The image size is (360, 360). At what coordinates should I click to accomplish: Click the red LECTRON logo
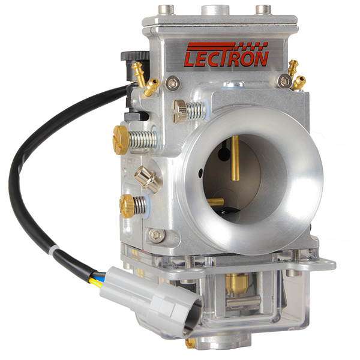click(226, 55)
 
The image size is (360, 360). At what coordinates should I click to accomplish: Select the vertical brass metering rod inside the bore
click(235, 158)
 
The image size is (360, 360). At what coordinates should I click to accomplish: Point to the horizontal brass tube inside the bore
click(215, 202)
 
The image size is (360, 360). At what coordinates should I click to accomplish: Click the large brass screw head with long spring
click(121, 140)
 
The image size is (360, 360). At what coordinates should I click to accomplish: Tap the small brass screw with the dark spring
click(127, 206)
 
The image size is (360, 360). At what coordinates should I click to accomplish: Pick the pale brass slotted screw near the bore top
click(179, 112)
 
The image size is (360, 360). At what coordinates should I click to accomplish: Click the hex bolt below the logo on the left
click(172, 83)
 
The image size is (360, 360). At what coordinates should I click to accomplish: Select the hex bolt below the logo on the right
click(284, 81)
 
